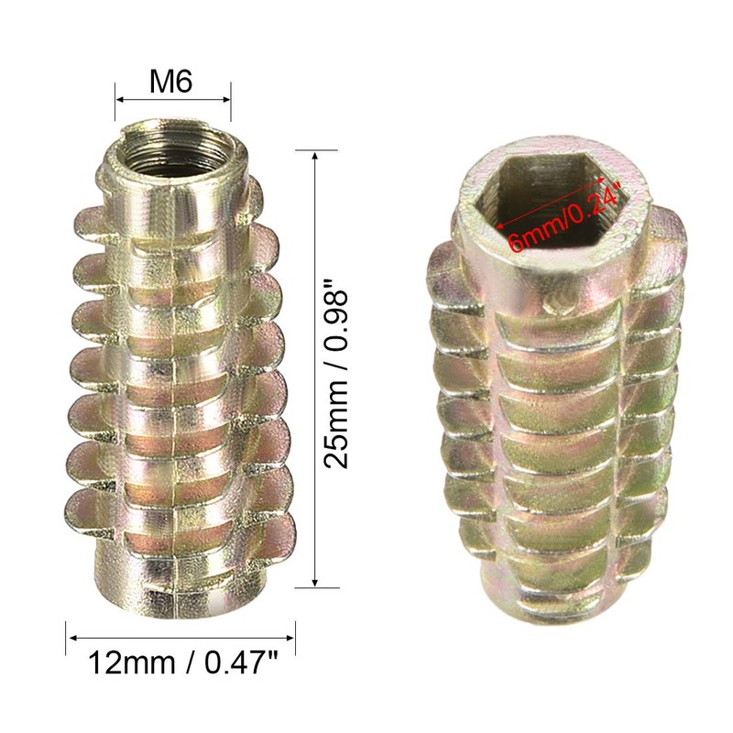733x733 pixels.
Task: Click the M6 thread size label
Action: (x=170, y=83)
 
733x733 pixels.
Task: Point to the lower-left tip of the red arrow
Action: (x=498, y=224)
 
